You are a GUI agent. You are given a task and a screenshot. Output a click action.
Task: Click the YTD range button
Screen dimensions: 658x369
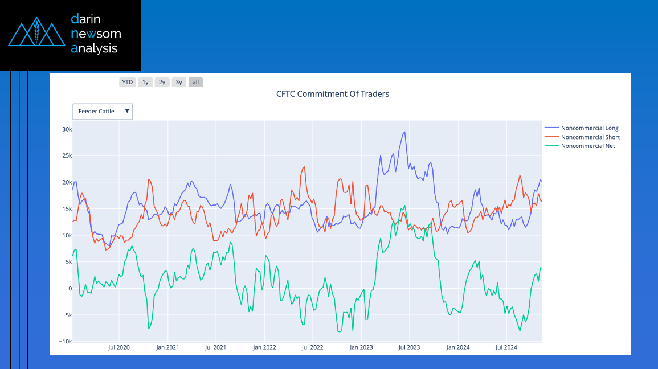127,82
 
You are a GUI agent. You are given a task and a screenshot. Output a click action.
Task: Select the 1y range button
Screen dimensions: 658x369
145,82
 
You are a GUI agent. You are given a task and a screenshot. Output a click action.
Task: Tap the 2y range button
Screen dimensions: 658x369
162,82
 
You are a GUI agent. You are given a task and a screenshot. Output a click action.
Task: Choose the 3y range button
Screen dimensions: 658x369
179,82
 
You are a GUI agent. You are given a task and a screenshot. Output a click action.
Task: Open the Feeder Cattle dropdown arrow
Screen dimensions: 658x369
126,111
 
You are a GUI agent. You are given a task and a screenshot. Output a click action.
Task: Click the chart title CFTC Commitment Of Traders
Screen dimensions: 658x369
332,94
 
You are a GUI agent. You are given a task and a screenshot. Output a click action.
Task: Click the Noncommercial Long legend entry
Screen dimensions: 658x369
581,128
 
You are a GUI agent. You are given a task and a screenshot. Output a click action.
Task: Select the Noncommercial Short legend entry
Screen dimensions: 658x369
582,137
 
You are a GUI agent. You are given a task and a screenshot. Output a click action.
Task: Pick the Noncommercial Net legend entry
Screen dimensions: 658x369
579,146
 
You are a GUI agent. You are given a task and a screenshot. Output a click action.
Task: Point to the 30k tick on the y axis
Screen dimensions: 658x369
67,129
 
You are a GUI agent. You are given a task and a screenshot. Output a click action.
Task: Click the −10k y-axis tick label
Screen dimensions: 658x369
65,341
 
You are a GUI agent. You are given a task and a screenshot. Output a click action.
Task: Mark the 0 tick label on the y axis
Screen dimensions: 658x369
70,289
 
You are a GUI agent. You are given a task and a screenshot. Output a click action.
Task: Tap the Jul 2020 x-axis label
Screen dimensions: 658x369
118,347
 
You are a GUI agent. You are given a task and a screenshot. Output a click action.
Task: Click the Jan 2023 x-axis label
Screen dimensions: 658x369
361,347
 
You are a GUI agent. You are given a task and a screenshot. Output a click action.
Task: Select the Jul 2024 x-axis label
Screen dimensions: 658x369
506,347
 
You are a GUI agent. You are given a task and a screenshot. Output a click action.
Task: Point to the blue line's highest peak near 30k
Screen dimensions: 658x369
404,132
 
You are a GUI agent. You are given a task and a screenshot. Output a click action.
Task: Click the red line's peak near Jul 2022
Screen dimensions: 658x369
304,167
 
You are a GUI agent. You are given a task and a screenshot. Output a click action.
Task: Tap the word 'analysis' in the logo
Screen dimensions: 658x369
94,48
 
